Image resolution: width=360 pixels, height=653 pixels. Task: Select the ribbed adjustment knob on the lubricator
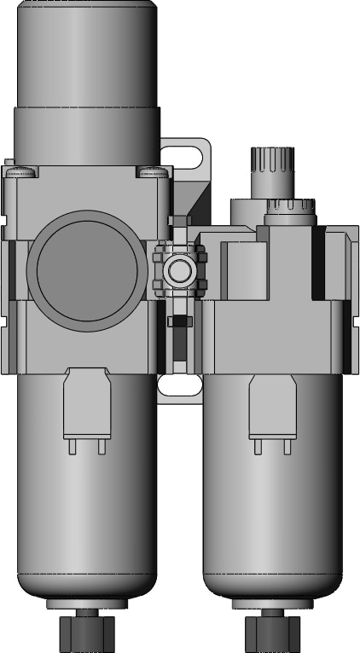pyautogui.click(x=272, y=160)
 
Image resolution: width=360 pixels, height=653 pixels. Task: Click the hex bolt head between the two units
pyautogui.click(x=180, y=272)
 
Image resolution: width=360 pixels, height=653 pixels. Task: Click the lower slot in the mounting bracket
pyautogui.click(x=180, y=386)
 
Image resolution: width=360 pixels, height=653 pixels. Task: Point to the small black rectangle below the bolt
pyautogui.click(x=179, y=321)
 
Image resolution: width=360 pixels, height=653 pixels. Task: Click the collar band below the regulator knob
pyautogui.click(x=86, y=136)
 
